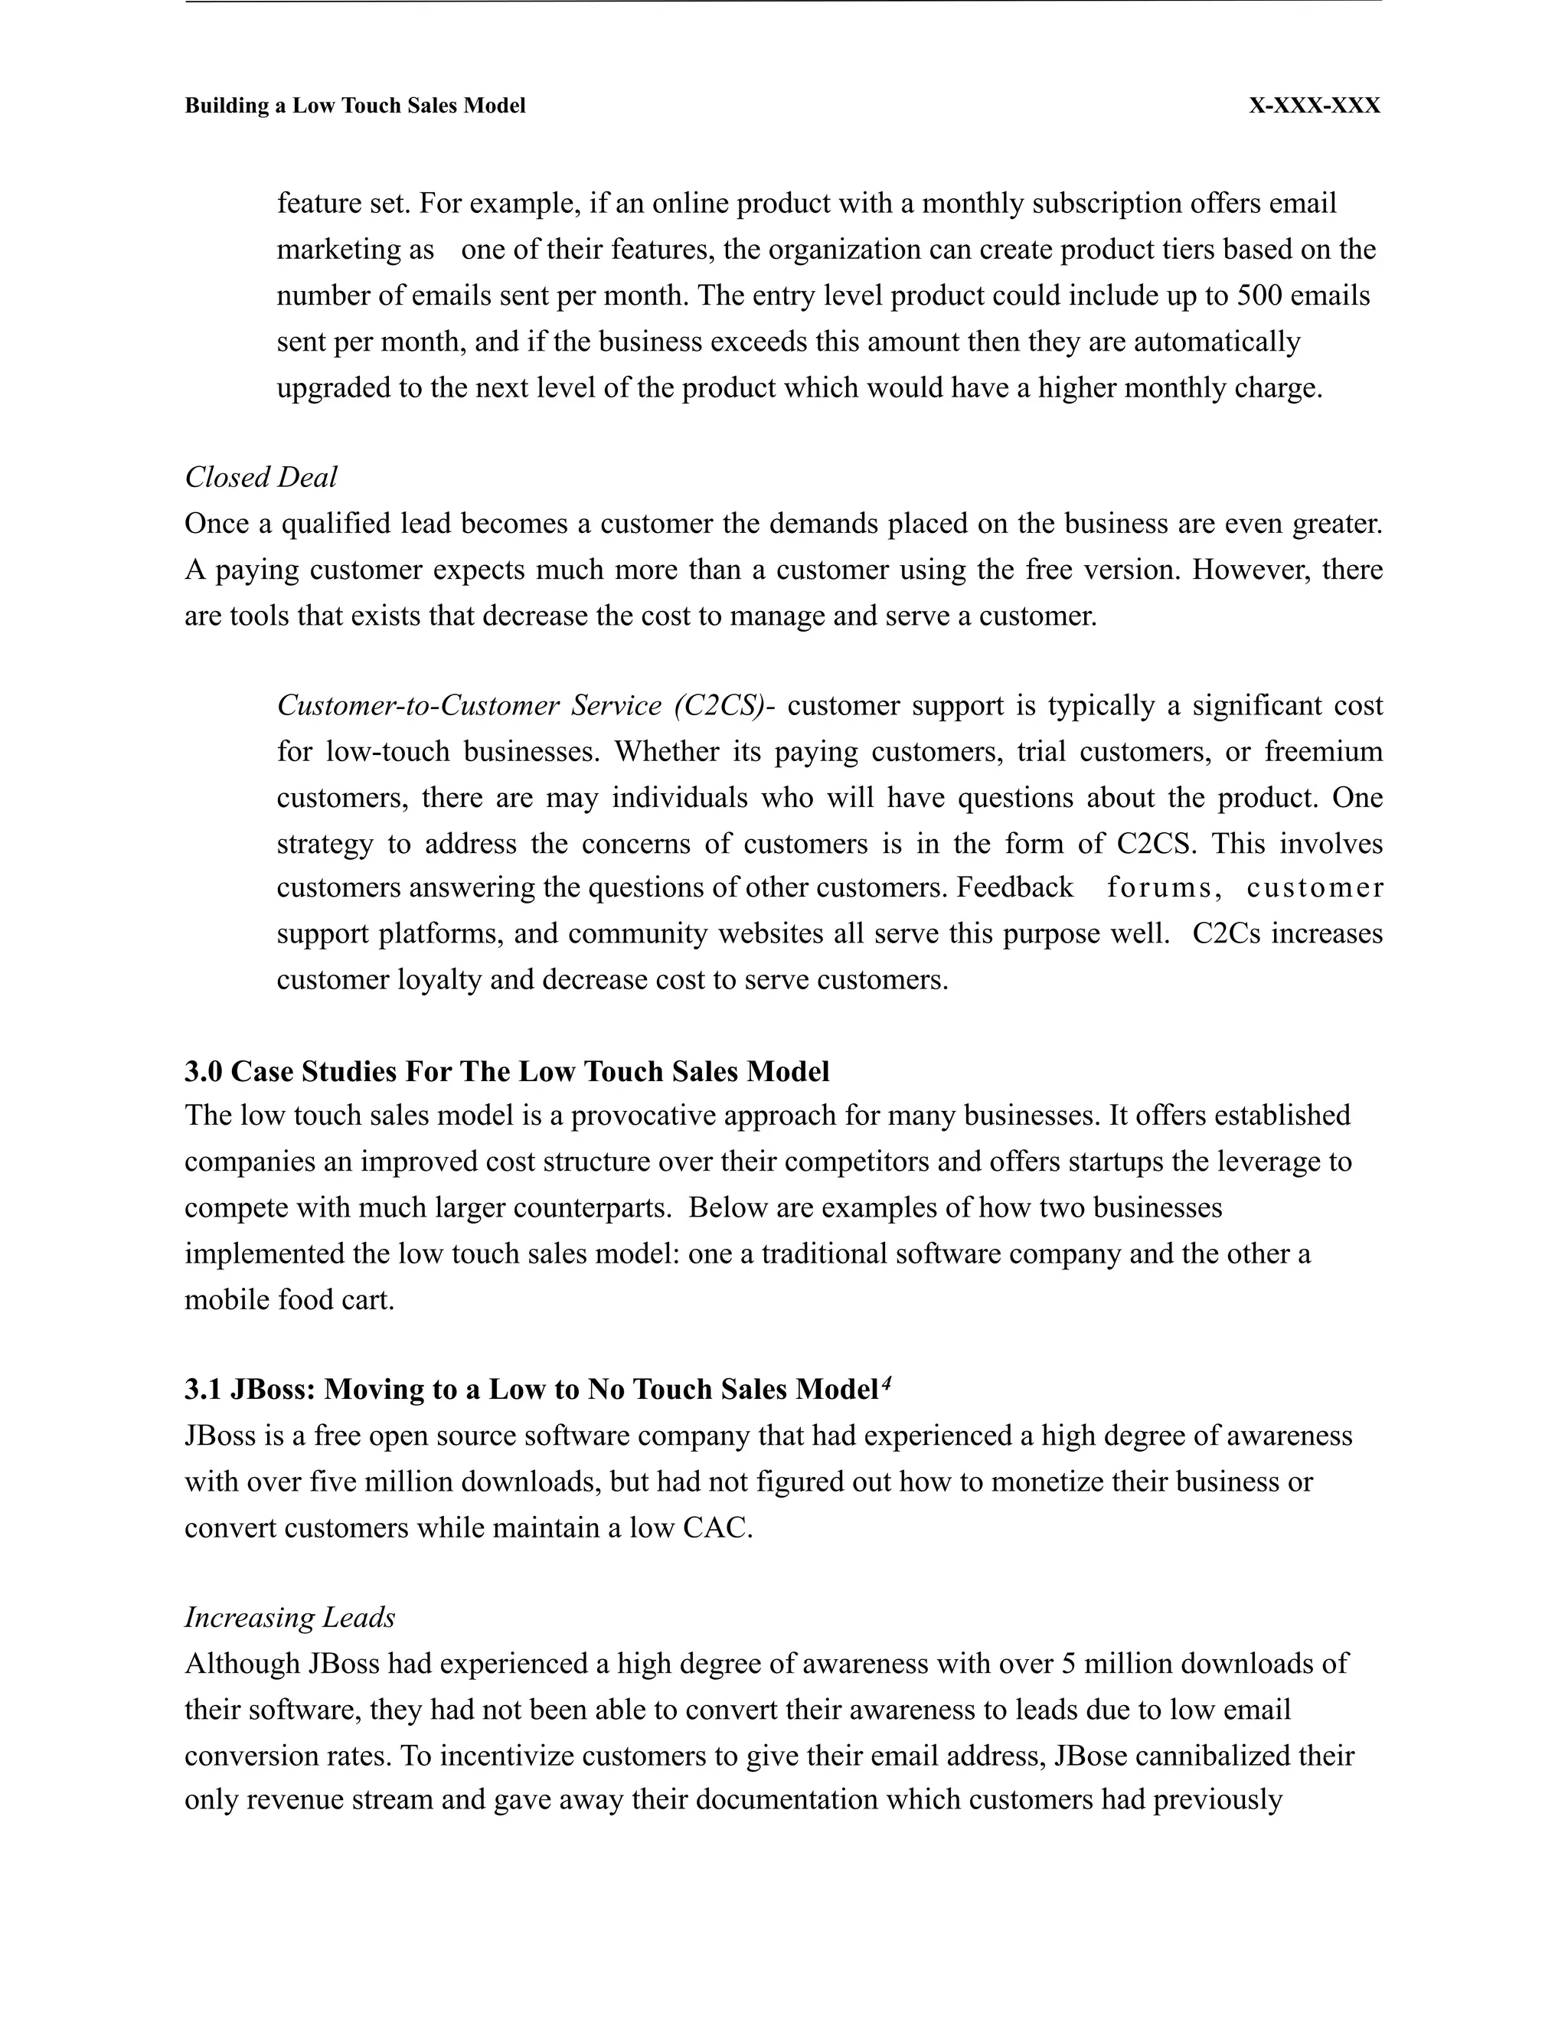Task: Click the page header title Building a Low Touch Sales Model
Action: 354,106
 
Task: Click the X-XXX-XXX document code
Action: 1314,106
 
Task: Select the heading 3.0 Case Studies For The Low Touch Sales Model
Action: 506,1071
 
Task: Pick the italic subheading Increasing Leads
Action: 290,1617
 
